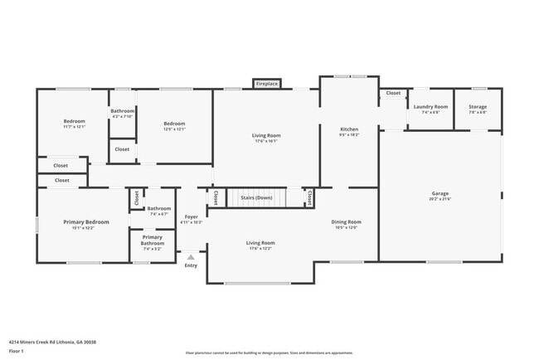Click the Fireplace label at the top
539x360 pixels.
pyautogui.click(x=266, y=84)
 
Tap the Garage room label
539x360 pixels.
pyautogui.click(x=439, y=193)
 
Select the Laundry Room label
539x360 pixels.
pyautogui.click(x=430, y=107)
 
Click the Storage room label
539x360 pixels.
pyautogui.click(x=478, y=107)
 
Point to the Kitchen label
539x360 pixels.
pyautogui.click(x=349, y=129)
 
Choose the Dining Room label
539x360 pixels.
pyautogui.click(x=347, y=221)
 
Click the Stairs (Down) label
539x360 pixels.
pyautogui.click(x=256, y=198)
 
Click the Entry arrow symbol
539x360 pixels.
pyautogui.click(x=192, y=257)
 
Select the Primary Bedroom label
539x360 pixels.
pyautogui.click(x=86, y=221)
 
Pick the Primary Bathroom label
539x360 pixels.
pyautogui.click(x=152, y=240)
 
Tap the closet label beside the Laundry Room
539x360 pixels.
pyautogui.click(x=392, y=93)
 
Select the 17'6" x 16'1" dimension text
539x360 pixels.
pyautogui.click(x=266, y=140)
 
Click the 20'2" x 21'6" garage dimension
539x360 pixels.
pyautogui.click(x=439, y=198)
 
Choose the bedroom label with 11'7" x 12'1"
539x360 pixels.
pyautogui.click(x=74, y=122)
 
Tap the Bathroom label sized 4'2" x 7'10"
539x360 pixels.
pyautogui.click(x=123, y=111)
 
